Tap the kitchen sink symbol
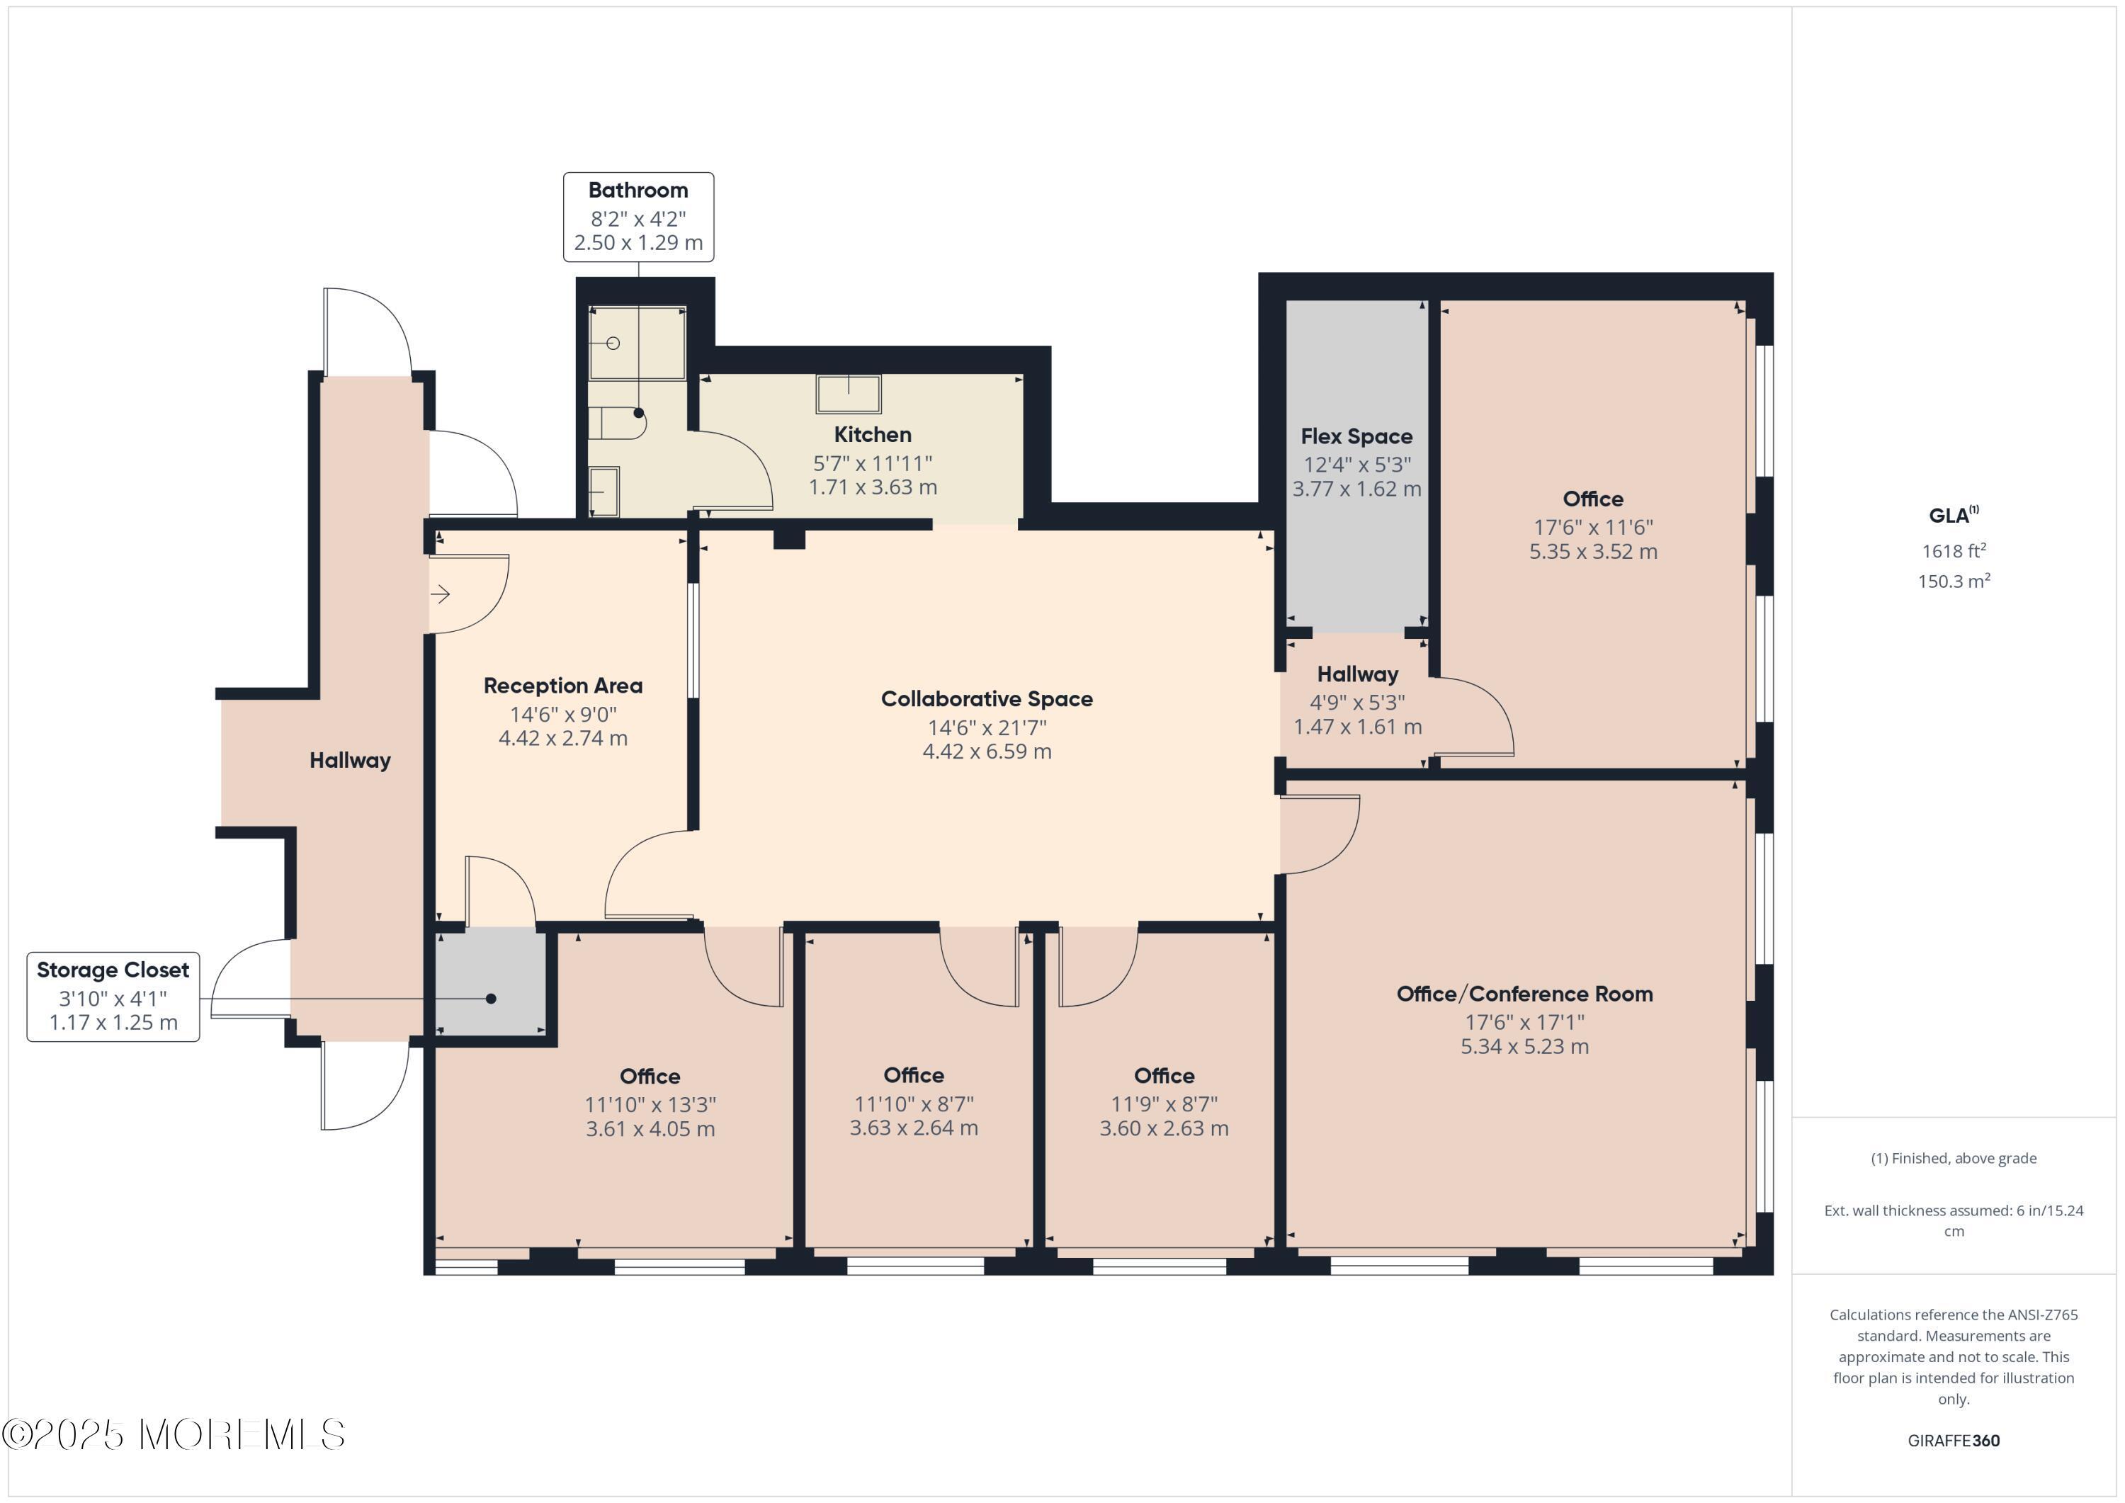tap(848, 393)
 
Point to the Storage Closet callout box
tap(113, 996)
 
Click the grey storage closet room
tap(489, 981)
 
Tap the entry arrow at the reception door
tap(441, 594)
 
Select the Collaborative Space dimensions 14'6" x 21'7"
tap(987, 727)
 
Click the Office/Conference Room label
tap(1524, 994)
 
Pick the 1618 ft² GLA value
tap(1953, 550)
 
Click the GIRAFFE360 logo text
tap(1953, 1440)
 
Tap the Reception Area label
tap(562, 686)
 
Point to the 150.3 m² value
tap(1953, 582)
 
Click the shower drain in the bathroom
tap(613, 344)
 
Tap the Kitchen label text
tap(872, 434)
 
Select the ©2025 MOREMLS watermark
tap(173, 1434)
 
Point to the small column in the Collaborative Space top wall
tap(788, 538)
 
